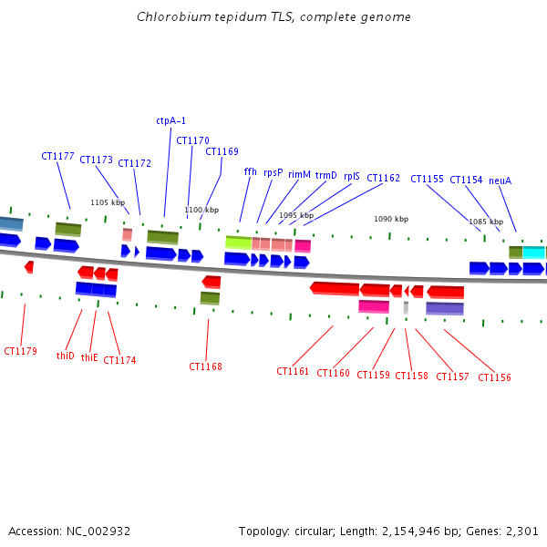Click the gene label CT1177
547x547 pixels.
(x=57, y=156)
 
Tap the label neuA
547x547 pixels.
(x=500, y=181)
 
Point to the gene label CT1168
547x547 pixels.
(x=205, y=366)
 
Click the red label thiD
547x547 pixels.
(x=66, y=356)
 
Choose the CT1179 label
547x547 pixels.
(x=20, y=351)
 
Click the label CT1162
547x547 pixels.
(x=383, y=179)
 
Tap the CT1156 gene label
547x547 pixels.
(x=494, y=377)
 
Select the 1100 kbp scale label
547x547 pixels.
(x=201, y=210)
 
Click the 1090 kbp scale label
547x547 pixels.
(x=391, y=219)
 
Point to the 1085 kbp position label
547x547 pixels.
(x=486, y=222)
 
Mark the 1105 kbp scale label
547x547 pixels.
(x=107, y=202)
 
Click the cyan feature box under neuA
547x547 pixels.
(x=533, y=252)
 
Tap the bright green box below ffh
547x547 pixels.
(x=238, y=243)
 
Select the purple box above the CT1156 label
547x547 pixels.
(x=444, y=308)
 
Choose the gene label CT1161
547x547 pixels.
(x=293, y=372)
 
